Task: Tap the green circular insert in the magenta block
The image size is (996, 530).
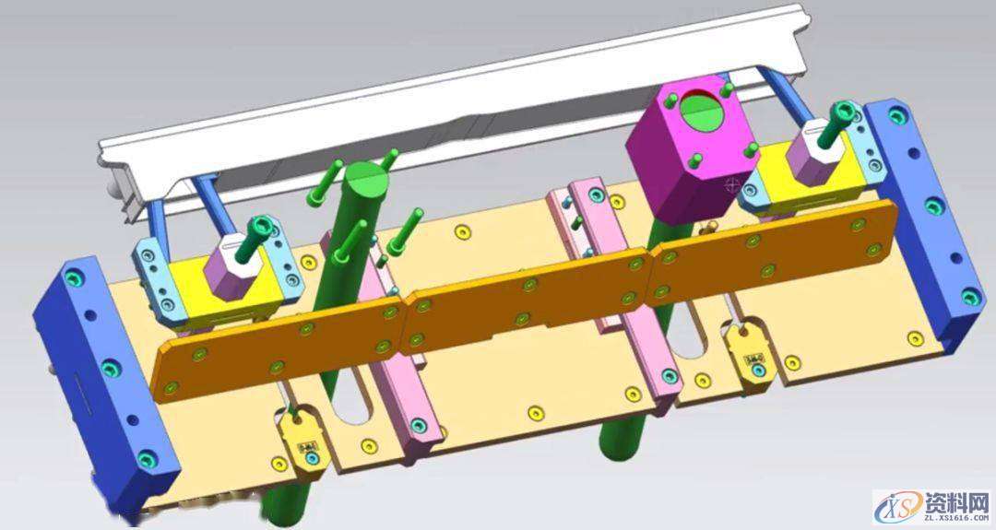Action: pyautogui.click(x=702, y=108)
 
